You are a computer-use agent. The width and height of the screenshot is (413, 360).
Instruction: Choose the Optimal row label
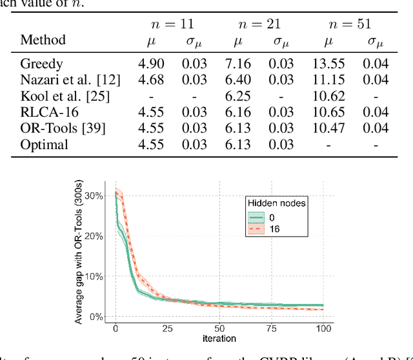pos(44,144)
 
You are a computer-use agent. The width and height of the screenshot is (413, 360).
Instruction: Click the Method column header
pos(43,39)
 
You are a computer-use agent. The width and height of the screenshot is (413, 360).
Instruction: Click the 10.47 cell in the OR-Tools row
pos(330,128)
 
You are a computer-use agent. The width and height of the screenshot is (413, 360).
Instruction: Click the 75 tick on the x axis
pos(272,328)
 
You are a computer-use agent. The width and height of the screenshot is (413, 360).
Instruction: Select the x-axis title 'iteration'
pos(219,338)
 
